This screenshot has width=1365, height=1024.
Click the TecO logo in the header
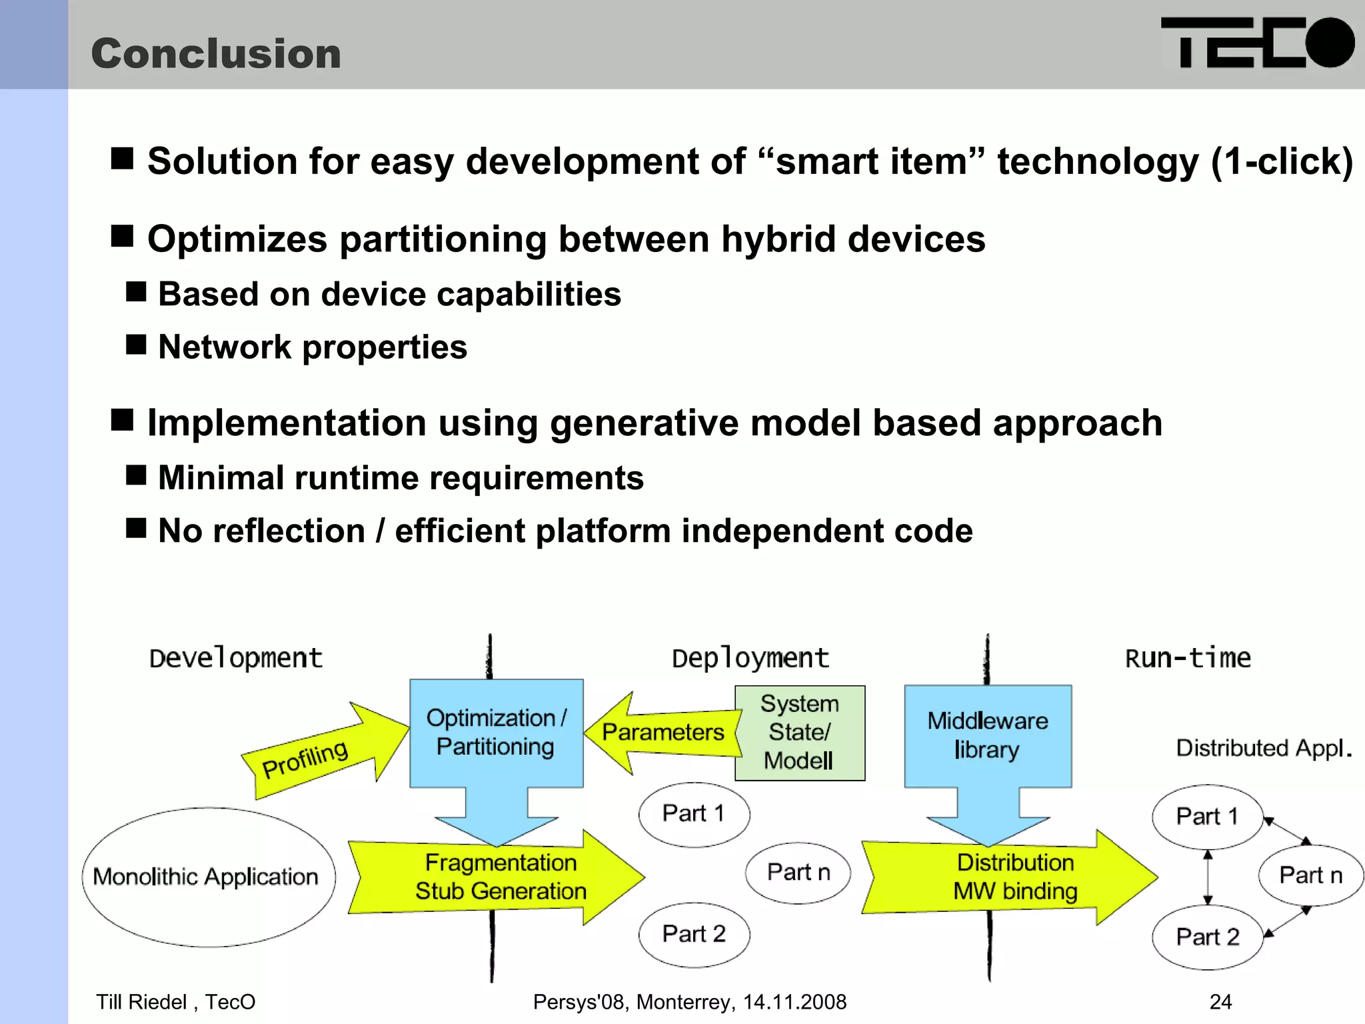pos(1257,43)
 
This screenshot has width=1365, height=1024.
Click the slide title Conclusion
pos(216,53)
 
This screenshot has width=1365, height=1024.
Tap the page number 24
pos(1220,1001)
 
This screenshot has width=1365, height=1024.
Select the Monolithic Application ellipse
pos(207,877)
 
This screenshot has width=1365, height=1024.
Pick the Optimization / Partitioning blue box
pos(496,733)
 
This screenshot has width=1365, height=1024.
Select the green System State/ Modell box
pos(799,733)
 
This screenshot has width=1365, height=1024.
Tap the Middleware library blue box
pos(988,735)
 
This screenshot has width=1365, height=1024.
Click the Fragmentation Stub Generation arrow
pos(500,877)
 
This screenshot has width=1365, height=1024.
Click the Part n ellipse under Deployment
pos(798,872)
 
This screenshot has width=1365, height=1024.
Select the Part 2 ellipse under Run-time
pos(1207,937)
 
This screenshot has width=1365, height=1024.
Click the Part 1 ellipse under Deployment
pos(694,814)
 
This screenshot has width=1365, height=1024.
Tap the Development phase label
pos(235,658)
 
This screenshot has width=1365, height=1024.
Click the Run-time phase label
pos(1188,658)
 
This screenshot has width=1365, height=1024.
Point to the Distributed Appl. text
pos(1263,748)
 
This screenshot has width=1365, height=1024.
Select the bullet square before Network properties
pos(136,345)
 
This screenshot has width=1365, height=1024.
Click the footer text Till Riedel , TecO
pos(175,1001)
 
